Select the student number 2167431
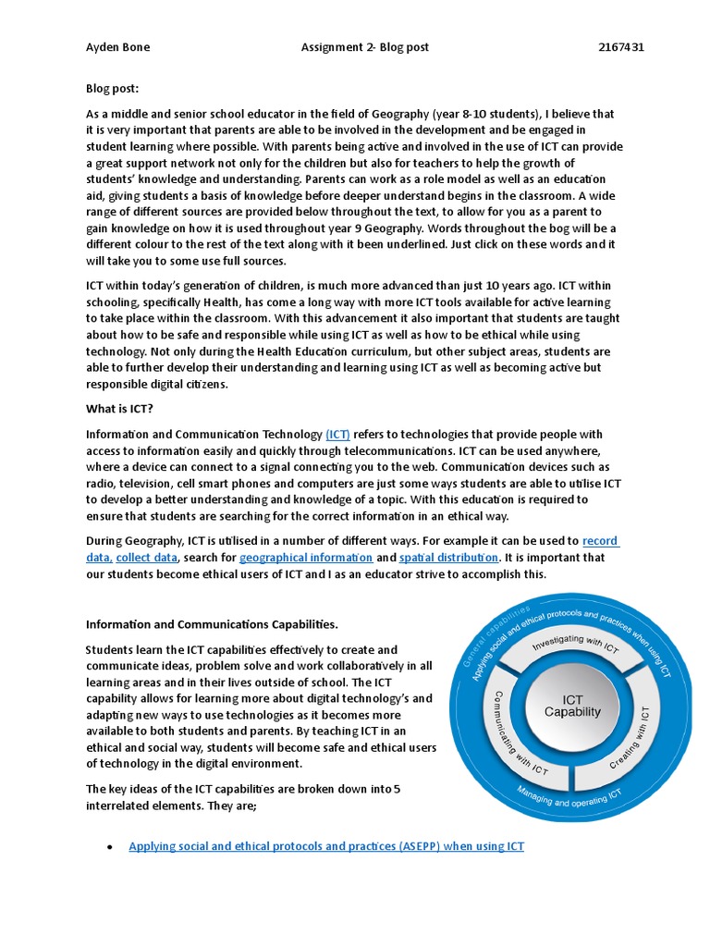621,47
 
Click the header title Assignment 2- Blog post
365,47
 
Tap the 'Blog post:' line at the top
113,89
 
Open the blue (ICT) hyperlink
337,435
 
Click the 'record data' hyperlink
600,541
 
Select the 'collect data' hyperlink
146,558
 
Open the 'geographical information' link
306,558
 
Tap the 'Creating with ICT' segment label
632,739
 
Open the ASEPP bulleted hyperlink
326,846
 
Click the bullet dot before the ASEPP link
110,847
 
